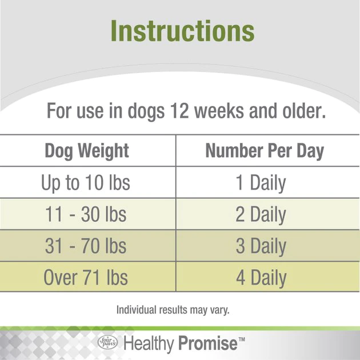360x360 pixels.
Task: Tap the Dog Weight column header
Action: tap(87, 151)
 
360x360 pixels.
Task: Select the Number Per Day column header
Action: tap(265, 151)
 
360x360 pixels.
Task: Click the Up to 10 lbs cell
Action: tap(86, 183)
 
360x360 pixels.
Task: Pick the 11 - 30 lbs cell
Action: tap(86, 215)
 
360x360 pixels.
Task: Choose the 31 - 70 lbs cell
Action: tap(86, 246)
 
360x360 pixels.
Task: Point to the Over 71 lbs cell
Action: tap(86, 278)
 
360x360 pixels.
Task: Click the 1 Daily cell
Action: tap(261, 183)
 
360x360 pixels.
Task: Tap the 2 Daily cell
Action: tap(261, 215)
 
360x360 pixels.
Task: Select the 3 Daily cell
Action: tap(261, 246)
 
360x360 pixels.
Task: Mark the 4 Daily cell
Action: tap(261, 278)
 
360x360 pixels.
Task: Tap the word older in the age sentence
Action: tap(304, 110)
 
